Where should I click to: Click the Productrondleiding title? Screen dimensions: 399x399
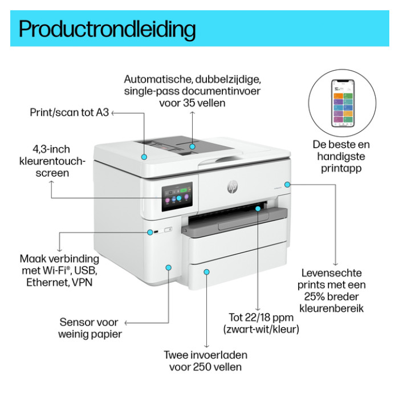107,30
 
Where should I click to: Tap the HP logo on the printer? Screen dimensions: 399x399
232,187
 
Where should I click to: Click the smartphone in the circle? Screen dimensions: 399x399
343,103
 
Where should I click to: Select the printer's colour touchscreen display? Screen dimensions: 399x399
177,197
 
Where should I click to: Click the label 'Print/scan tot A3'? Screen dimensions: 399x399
69,112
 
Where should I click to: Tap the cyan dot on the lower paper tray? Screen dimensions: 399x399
206,272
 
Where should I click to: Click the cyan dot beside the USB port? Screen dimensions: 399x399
150,232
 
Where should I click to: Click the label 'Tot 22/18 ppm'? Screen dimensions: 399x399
261,317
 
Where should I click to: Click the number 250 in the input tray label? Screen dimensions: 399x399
201,367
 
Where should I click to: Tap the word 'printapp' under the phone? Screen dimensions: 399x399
341,169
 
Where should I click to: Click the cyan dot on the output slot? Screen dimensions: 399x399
258,209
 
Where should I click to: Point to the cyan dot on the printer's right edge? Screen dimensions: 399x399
287,185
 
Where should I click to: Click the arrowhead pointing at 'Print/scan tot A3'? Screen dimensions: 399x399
113,113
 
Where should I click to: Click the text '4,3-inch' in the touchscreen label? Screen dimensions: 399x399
51,149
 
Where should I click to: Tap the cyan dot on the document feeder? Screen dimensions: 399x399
193,146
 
